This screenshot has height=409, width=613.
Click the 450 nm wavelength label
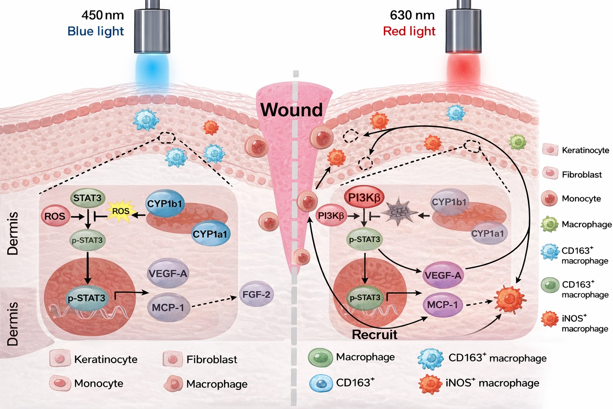pos(103,15)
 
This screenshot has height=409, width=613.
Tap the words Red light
pos(409,31)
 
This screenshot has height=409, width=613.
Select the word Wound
pos(291,110)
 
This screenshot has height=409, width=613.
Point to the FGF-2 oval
pos(256,295)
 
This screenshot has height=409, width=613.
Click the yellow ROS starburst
pos(121,211)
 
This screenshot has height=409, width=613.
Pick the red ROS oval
pos(55,216)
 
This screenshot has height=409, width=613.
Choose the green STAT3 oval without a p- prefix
pos(87,198)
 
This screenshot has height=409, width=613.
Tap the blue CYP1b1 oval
pos(164,204)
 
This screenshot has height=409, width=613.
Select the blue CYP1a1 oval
pos(210,234)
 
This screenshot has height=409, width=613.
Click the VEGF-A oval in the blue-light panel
pos(168,274)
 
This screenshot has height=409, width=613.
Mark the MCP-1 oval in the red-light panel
pos(442,305)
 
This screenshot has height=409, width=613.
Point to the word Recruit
pos(374,335)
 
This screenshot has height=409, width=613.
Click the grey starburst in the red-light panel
pos(399,212)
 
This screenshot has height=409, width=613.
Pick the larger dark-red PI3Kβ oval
pos(364,197)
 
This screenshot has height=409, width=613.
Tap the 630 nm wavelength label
pos(412,15)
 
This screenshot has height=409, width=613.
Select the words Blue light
pos(96,31)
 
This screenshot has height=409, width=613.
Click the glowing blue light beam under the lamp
pos(152,70)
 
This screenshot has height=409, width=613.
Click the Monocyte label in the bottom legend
pos(99,383)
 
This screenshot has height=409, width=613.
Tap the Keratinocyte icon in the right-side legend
pos(550,150)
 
